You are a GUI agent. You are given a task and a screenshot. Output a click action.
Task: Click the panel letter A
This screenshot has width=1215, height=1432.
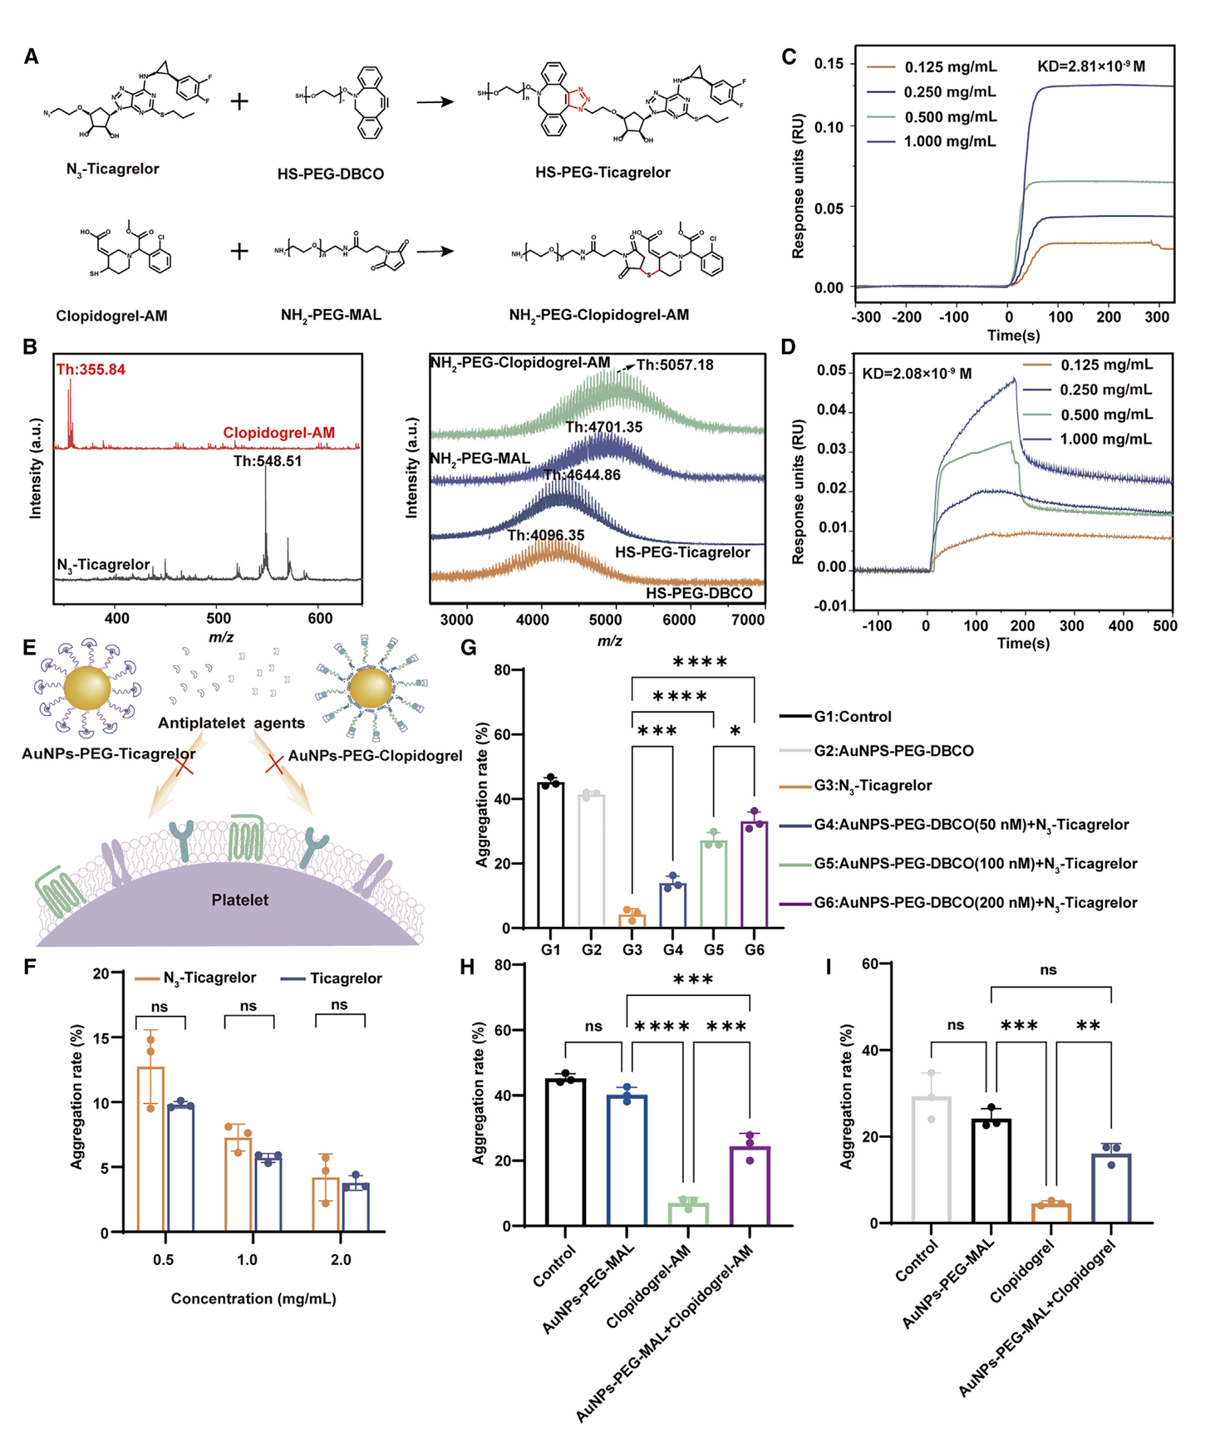[32, 56]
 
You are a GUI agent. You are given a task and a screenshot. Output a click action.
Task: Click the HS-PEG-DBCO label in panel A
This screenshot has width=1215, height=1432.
[331, 174]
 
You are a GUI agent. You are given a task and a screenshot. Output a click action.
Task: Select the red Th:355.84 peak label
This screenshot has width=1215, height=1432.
[91, 370]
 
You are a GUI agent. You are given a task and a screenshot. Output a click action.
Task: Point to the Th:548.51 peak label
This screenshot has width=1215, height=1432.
[267, 461]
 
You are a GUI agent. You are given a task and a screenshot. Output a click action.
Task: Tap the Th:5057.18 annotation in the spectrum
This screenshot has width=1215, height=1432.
[675, 365]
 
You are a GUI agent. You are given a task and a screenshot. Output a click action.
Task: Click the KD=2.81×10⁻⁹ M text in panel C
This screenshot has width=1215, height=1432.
[1091, 66]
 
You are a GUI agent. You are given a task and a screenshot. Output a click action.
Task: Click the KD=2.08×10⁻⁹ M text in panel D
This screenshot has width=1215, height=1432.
[916, 374]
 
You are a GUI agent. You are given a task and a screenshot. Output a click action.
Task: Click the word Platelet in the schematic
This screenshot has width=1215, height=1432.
[239, 900]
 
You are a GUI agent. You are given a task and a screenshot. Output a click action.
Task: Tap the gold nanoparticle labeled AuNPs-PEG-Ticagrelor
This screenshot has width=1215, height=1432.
[86, 689]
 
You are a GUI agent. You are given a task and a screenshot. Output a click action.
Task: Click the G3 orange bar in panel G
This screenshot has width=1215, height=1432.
[632, 920]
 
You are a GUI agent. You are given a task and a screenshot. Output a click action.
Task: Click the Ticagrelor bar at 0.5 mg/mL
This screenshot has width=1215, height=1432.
[180, 1167]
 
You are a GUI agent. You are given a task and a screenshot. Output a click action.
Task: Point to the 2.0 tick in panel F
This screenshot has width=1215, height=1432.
[341, 1259]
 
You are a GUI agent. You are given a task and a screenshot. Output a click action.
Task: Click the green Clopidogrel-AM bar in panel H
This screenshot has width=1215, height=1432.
[688, 1214]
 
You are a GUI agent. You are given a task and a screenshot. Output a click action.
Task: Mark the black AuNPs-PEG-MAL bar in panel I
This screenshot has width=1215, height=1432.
[990, 1171]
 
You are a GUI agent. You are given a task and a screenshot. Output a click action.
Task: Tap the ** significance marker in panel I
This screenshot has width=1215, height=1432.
[1088, 1026]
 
